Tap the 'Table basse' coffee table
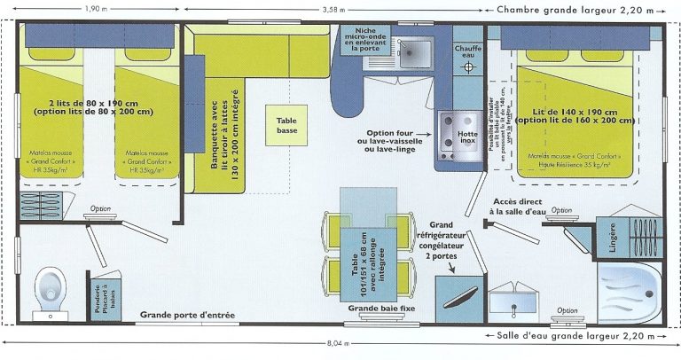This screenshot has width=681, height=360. (286, 125)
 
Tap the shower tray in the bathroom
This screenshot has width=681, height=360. (629, 292)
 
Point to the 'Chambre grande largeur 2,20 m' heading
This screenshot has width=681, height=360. (575, 10)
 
